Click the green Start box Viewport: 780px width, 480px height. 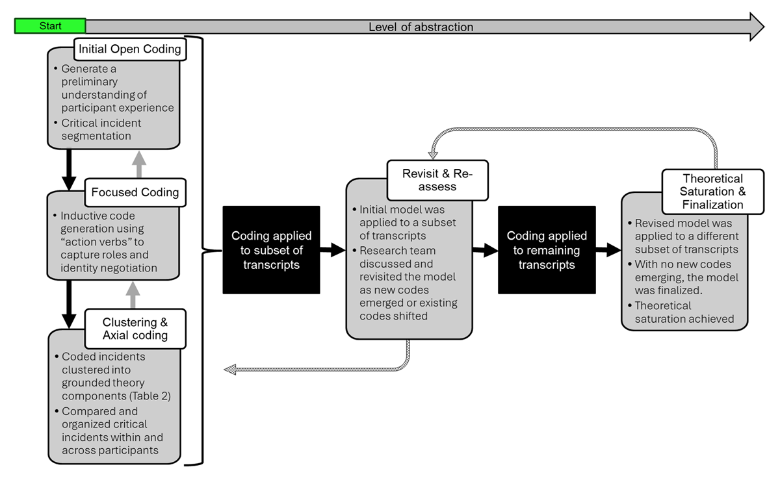[x=50, y=26]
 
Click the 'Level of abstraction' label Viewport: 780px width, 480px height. [x=421, y=27]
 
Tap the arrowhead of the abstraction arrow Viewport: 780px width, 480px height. [x=757, y=27]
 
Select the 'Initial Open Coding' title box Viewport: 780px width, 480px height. [x=130, y=49]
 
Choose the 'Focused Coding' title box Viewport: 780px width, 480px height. [x=135, y=192]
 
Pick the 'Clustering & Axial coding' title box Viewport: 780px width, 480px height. [x=135, y=329]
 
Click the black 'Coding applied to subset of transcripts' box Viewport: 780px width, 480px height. [x=271, y=250]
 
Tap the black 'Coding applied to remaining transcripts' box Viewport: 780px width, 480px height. [x=547, y=250]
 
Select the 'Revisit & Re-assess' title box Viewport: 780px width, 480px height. [x=437, y=180]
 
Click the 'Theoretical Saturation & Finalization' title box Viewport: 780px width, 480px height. [x=713, y=192]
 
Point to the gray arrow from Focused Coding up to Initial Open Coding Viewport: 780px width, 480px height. [x=139, y=164]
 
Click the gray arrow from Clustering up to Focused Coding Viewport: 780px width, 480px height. [x=133, y=295]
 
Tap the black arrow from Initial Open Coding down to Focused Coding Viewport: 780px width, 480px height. [x=69, y=170]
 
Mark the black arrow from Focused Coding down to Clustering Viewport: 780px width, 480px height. [x=69, y=304]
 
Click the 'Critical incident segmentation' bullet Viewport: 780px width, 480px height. [x=98, y=129]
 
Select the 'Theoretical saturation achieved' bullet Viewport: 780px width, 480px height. [x=681, y=312]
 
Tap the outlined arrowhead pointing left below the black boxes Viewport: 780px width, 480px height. [x=230, y=370]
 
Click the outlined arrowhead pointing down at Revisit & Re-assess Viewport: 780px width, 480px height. [x=433, y=154]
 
